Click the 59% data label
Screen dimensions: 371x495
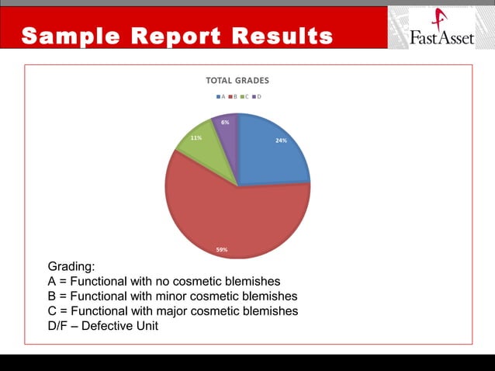(222, 250)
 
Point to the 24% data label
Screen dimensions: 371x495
(281, 140)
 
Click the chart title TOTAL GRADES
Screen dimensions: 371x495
(237, 80)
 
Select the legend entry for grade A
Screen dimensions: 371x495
(221, 96)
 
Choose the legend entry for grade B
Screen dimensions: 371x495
(233, 96)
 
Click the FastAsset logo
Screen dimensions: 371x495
(440, 29)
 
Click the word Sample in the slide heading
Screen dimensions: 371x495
(69, 36)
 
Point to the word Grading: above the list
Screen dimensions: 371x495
(71, 267)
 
